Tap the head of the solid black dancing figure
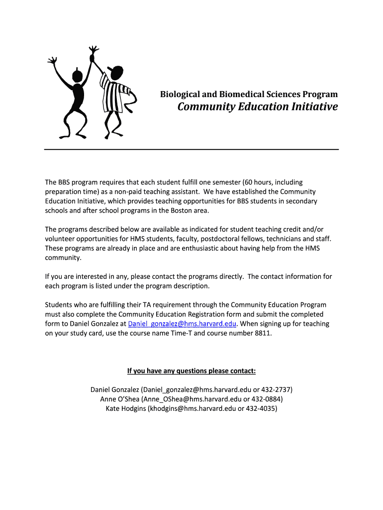(77, 76)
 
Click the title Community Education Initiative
(258, 107)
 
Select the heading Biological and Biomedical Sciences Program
(249, 94)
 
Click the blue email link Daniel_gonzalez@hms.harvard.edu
(182, 324)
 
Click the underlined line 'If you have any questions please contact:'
(191, 371)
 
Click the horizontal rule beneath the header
(191, 149)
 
